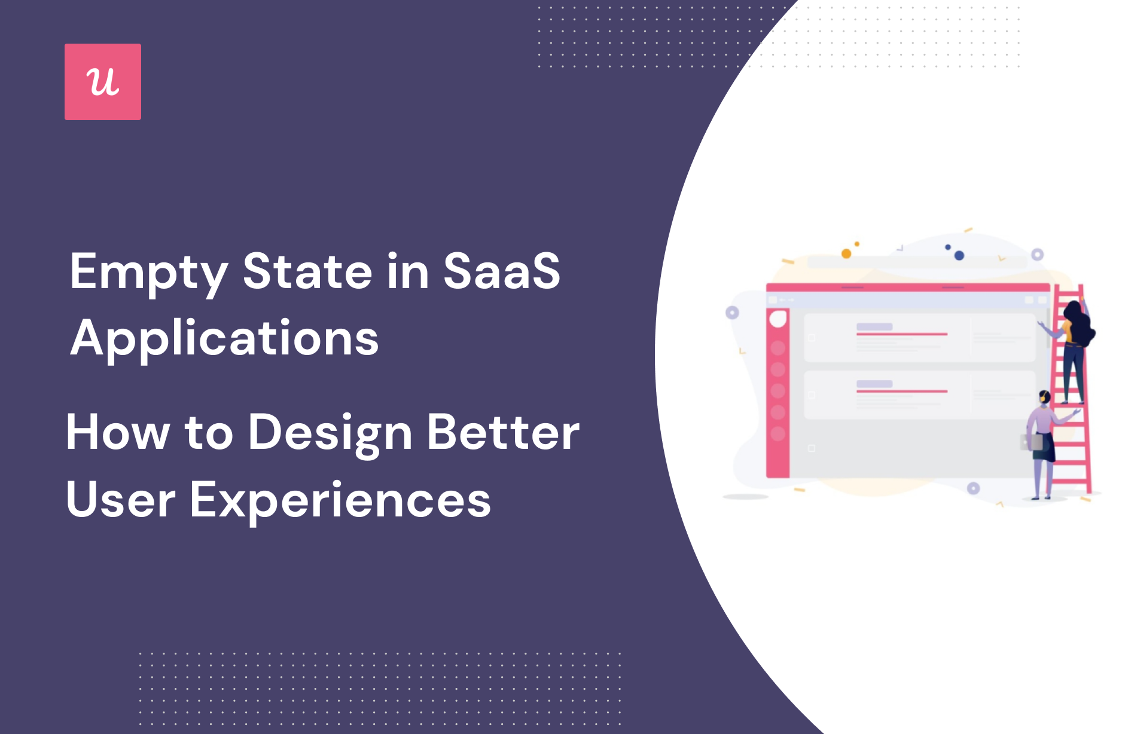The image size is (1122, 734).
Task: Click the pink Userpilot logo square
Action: click(x=103, y=82)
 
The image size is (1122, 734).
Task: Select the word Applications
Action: click(x=224, y=338)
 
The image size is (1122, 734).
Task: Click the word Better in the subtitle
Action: click(x=503, y=432)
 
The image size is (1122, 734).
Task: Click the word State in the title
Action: click(x=307, y=271)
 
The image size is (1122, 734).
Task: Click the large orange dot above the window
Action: click(x=846, y=253)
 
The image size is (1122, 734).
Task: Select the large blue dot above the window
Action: click(x=959, y=255)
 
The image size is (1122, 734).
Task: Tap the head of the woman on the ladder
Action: click(x=1074, y=311)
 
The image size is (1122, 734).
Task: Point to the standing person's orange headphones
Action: click(x=1042, y=397)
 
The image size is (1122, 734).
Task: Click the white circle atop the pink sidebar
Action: click(x=778, y=319)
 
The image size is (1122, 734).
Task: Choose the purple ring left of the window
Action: click(x=732, y=313)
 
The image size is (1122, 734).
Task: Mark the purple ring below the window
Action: click(x=974, y=488)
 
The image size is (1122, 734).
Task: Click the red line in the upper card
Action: click(x=901, y=334)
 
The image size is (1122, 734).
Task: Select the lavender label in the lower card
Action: click(x=874, y=384)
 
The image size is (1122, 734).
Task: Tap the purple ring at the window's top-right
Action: click(x=1038, y=255)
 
